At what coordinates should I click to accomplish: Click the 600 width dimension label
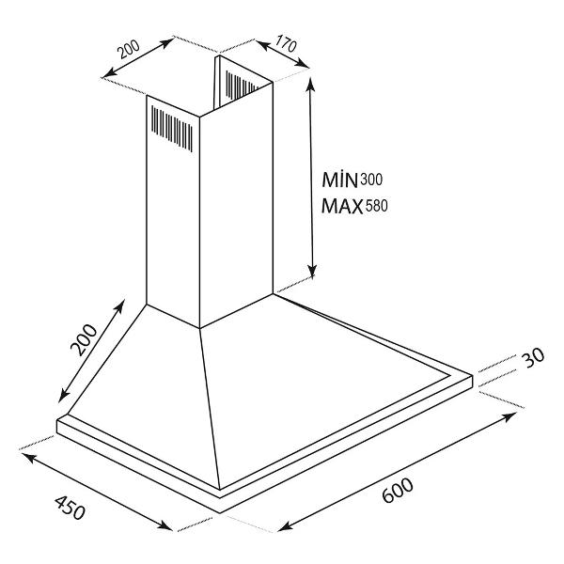pos(398,491)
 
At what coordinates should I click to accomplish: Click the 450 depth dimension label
pos(70,508)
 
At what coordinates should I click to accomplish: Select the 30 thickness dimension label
pos(533,357)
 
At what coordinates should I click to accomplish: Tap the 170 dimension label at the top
pos(286,43)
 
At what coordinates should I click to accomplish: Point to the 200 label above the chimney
pos(130,49)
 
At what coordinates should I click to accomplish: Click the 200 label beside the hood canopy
pos(84,340)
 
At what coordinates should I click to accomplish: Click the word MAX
pos(342,207)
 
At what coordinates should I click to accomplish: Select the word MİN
pos(339,180)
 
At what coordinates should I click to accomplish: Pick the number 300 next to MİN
pos(371,180)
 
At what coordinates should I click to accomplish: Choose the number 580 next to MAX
pos(377,206)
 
